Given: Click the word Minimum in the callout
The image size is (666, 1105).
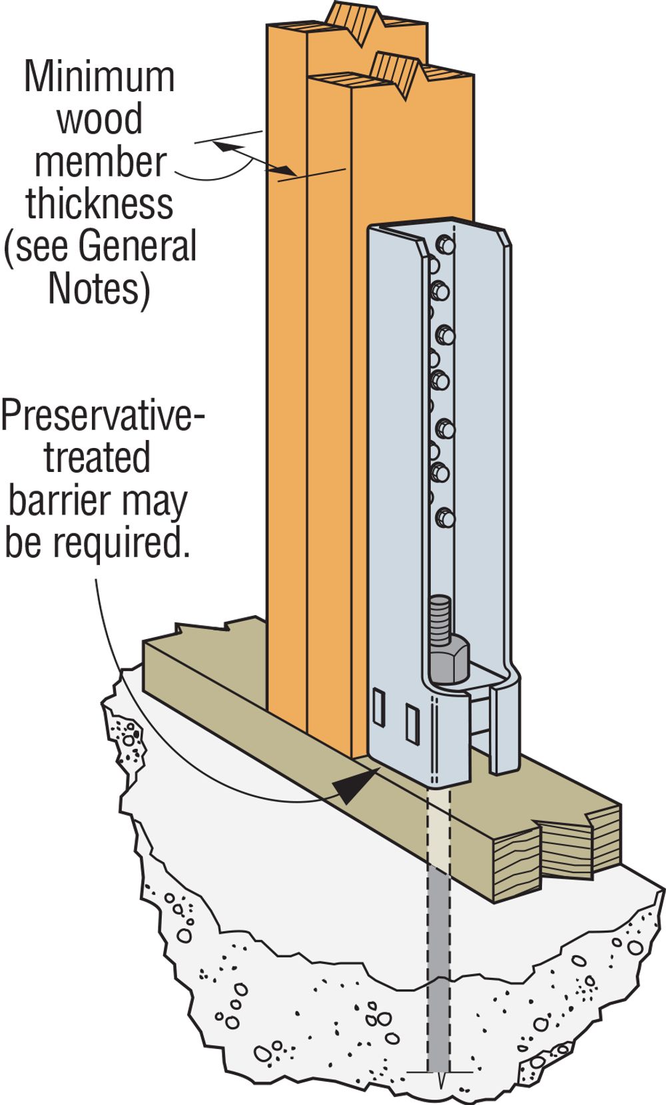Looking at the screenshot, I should (x=99, y=77).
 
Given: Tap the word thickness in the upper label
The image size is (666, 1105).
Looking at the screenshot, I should (x=100, y=204).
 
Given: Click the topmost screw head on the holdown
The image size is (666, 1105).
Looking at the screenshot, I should (x=445, y=245).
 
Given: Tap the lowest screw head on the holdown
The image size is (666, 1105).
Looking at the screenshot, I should (x=444, y=517).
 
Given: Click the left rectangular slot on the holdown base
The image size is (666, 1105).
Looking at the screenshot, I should (x=378, y=708).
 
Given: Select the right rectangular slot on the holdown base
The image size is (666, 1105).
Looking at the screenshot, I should (x=412, y=724).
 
